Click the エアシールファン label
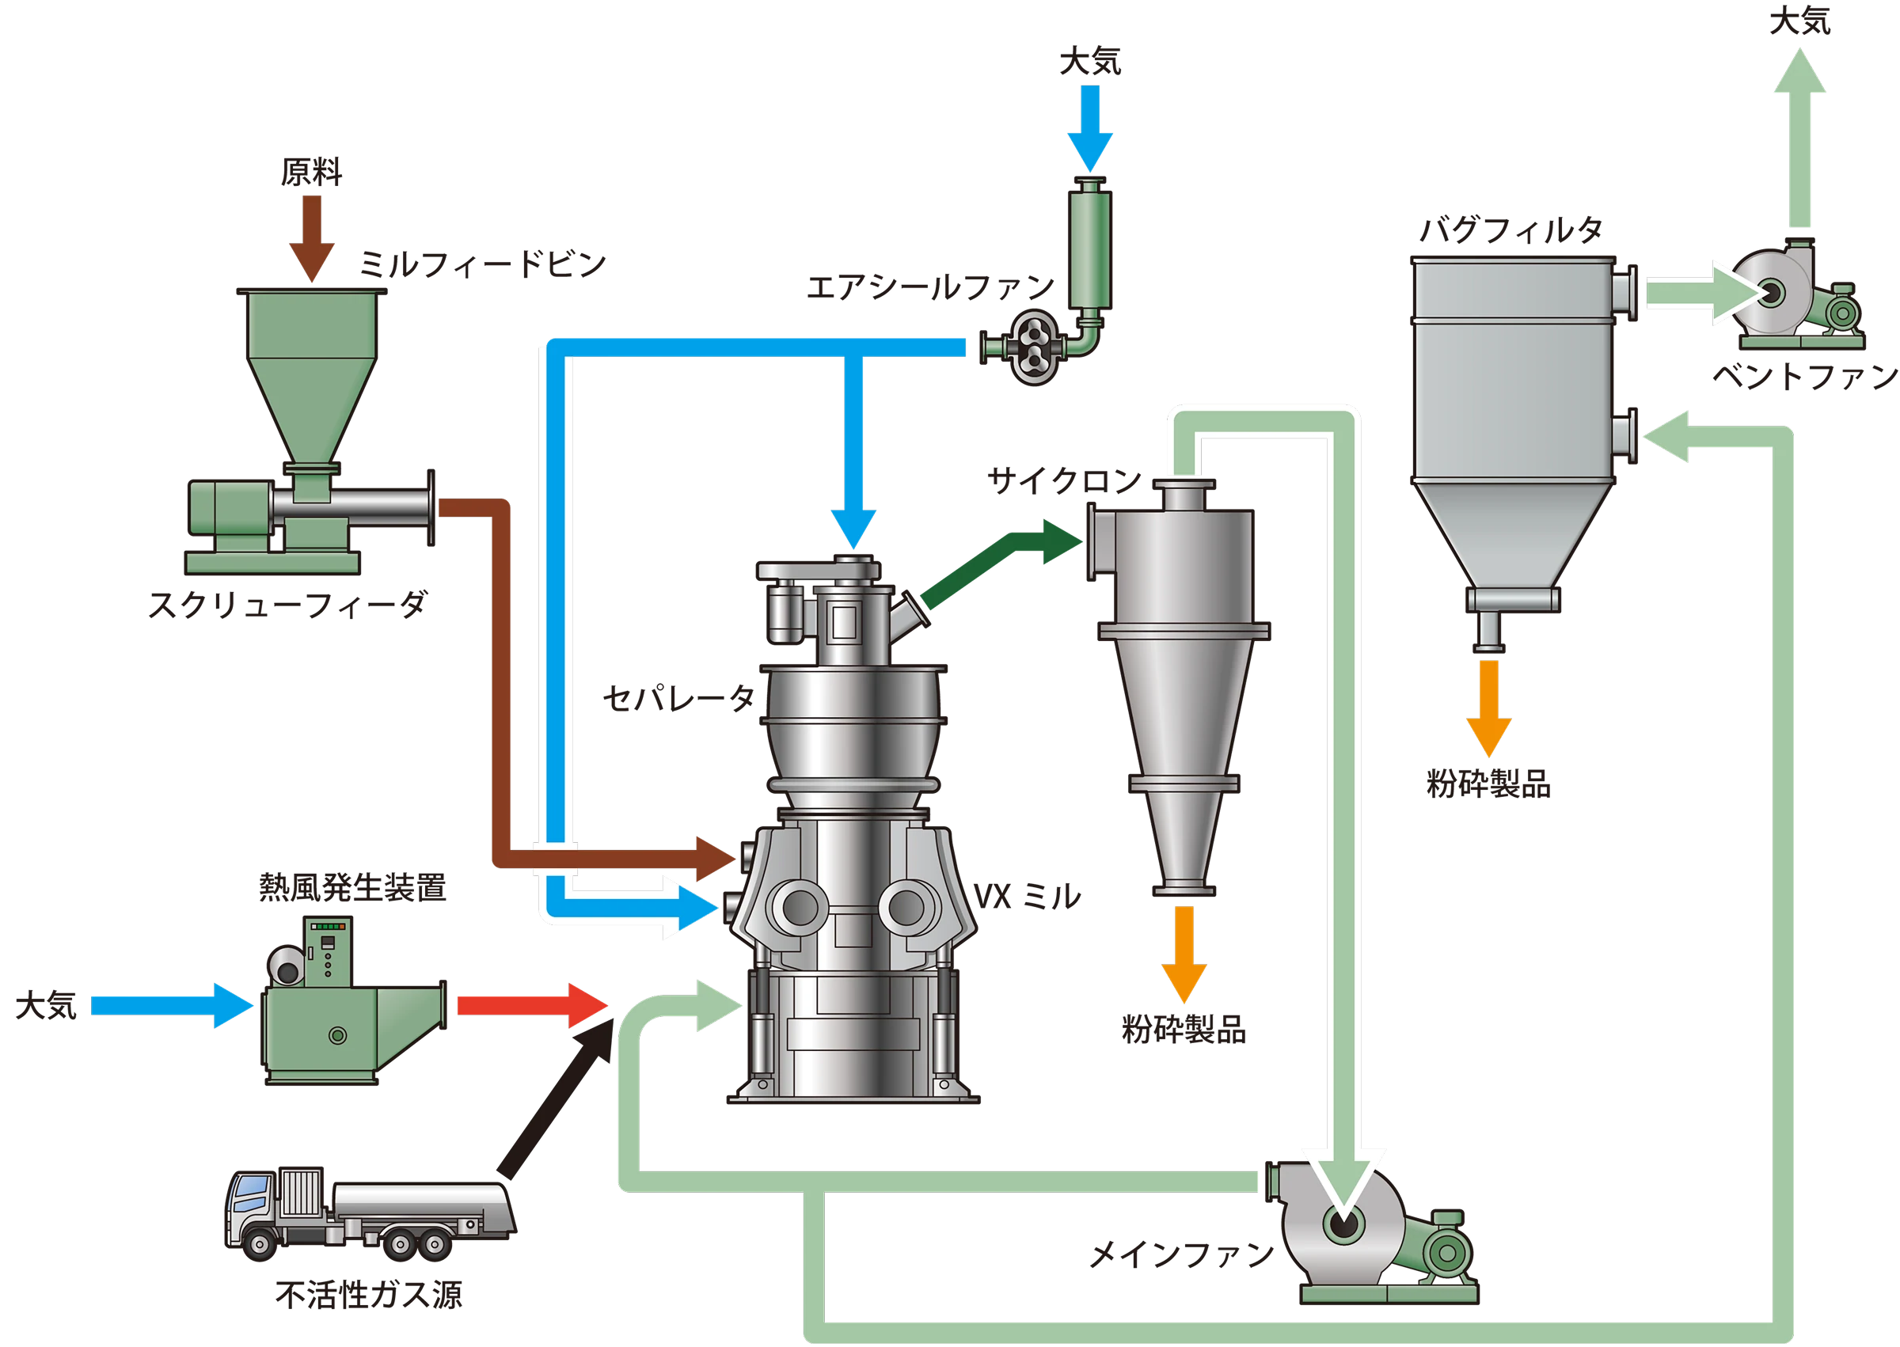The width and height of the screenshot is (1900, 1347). (931, 289)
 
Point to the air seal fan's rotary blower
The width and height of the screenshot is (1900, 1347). (1033, 350)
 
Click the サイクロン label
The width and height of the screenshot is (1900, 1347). (1064, 480)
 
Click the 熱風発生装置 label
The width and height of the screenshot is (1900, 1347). (355, 888)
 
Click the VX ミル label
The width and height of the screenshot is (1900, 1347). (1027, 896)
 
